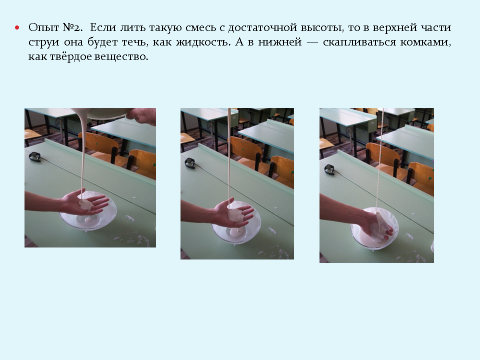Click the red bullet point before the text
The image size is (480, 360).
pos(17,28)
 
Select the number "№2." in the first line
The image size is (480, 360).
pos(72,27)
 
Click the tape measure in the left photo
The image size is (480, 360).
pos(35,156)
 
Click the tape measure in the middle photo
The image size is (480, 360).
pos(190,163)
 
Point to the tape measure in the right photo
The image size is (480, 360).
pos(330,169)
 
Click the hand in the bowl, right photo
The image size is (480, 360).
pos(379,227)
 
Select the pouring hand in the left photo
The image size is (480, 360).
pos(142,116)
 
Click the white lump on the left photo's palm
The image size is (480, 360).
pos(86,204)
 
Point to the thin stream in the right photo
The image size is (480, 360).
pos(380,158)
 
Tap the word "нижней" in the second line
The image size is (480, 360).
pos(280,42)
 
